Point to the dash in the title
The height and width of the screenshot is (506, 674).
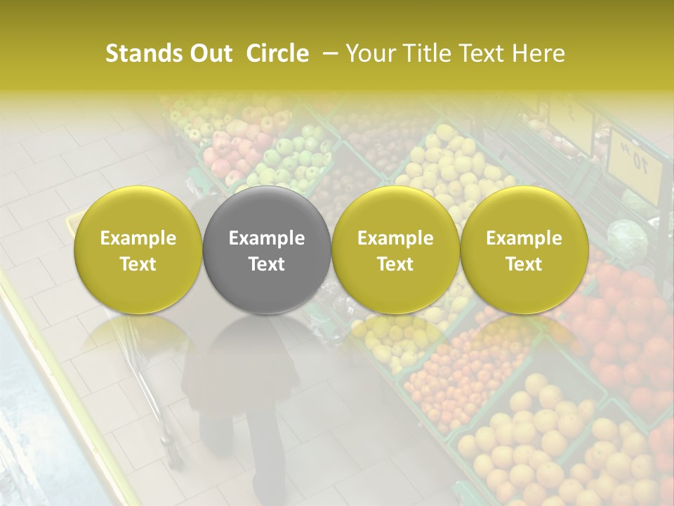tap(327, 53)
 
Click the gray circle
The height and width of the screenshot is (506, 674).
tap(267, 250)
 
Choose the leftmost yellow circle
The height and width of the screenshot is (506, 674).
tap(138, 250)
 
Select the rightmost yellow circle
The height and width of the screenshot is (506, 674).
tap(524, 250)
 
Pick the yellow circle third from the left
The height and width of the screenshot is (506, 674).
tap(395, 250)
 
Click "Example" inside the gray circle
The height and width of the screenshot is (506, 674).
tap(267, 238)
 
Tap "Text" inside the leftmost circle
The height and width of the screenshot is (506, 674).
tap(138, 264)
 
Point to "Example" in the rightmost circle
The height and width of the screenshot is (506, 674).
tap(524, 238)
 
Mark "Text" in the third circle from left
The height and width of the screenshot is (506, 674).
tap(395, 264)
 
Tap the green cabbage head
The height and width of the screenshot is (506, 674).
tap(627, 239)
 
